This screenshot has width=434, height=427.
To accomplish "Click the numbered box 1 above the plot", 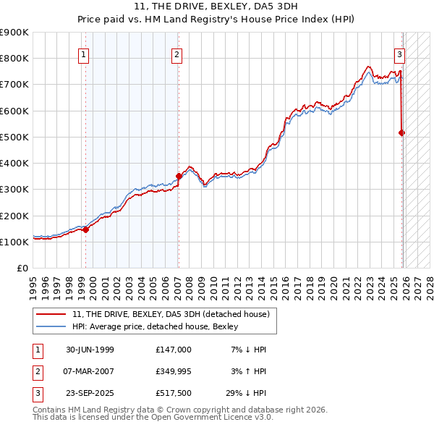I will (84, 54).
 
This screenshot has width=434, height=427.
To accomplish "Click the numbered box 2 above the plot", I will (176, 54).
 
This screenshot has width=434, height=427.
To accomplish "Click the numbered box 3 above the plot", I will (399, 54).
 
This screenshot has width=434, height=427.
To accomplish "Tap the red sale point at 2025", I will (402, 132).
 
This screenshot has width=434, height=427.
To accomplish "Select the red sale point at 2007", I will (179, 176).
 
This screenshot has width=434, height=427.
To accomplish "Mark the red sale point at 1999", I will (86, 229).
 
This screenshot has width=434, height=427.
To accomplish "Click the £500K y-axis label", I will (14, 137).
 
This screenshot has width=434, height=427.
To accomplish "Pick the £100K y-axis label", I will (14, 242).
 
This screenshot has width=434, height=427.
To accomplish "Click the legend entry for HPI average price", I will (155, 327).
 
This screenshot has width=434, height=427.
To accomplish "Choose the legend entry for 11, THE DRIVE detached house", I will (171, 314).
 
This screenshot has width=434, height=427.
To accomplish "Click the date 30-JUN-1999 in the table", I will (90, 350).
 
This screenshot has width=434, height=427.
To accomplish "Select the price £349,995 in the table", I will (173, 373).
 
